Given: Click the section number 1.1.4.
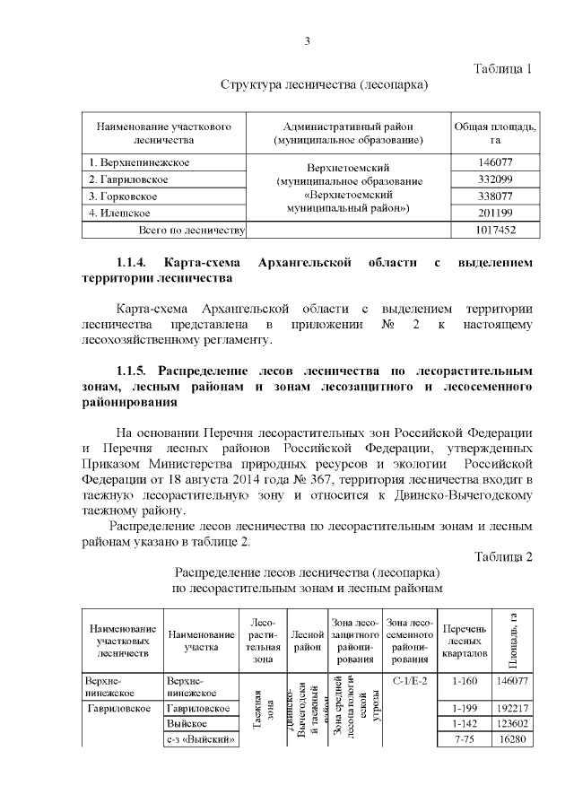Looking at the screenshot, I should point(137,263).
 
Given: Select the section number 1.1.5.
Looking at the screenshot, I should point(137,371).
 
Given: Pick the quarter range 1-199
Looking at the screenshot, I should point(465,708).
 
